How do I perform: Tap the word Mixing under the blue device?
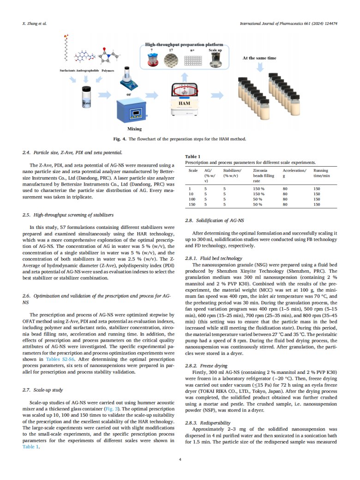click(x=134, y=129)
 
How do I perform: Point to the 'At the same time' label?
click(x=259, y=58)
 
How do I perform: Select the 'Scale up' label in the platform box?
click(x=215, y=50)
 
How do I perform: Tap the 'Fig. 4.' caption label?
click(x=120, y=138)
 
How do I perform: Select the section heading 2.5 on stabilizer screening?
click(x=68, y=215)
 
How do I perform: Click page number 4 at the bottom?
click(x=180, y=459)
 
